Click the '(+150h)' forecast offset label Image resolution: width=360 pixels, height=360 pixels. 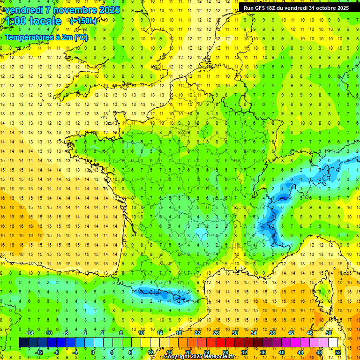[83, 21]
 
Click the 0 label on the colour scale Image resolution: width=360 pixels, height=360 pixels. [93, 352]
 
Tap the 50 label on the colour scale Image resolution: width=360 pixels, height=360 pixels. [328, 333]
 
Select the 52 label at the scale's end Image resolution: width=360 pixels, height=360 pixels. [337, 352]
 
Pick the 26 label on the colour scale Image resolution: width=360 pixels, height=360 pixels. [216, 333]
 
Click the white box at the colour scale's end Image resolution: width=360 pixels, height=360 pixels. [333, 342]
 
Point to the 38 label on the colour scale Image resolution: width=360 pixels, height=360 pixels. [272, 333]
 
